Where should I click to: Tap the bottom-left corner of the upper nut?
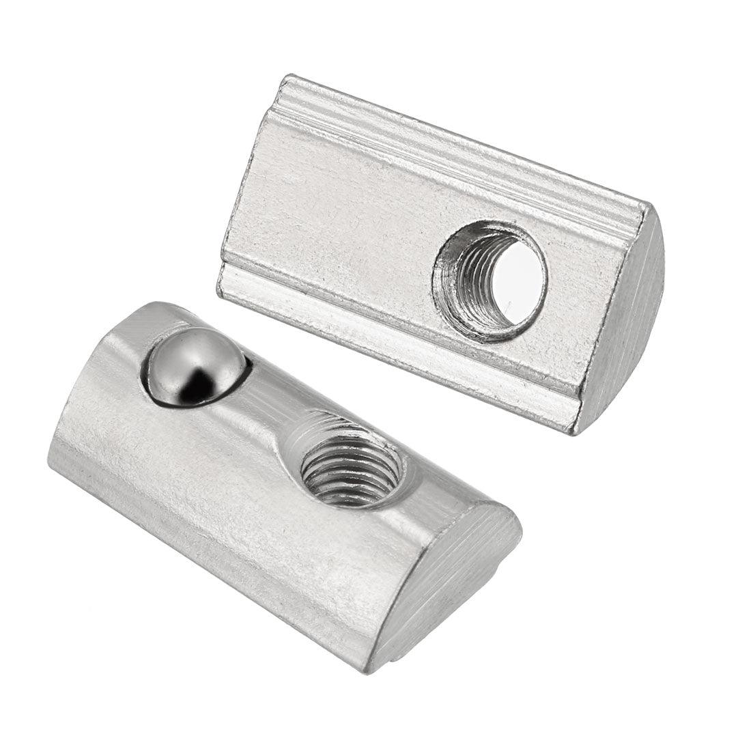[x=220, y=294]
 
